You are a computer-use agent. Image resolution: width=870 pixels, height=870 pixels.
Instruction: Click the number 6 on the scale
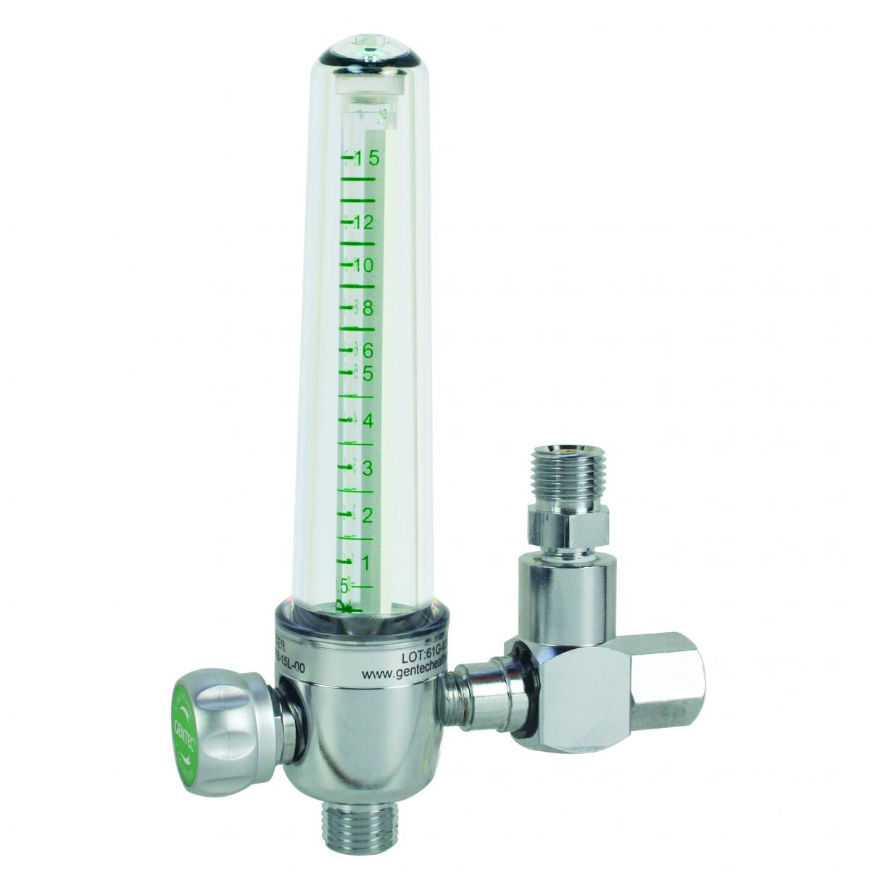pyautogui.click(x=368, y=352)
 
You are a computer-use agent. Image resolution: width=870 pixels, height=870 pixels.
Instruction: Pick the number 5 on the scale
pyautogui.click(x=368, y=374)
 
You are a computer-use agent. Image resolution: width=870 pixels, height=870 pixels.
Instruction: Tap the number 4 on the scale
pyautogui.click(x=368, y=421)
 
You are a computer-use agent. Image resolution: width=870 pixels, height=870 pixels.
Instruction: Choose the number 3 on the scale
pyautogui.click(x=368, y=468)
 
